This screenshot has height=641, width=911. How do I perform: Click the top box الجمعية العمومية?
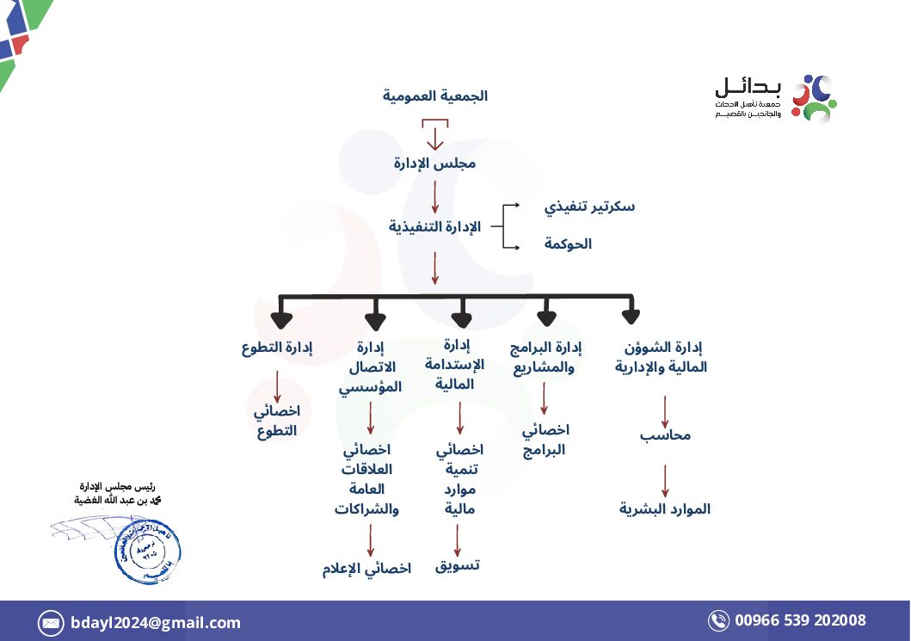pyautogui.click(x=434, y=96)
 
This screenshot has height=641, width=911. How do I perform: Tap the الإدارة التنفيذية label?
pyautogui.click(x=434, y=226)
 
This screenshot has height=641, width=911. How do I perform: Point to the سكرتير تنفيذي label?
pyautogui.click(x=589, y=206)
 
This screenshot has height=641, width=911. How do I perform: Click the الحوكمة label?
pyautogui.click(x=568, y=244)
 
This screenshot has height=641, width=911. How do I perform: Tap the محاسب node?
pyautogui.click(x=665, y=435)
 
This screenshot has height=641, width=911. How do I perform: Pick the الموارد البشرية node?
pyautogui.click(x=665, y=508)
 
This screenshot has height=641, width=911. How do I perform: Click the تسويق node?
pyautogui.click(x=457, y=564)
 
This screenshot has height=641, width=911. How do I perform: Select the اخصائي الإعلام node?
pyautogui.click(x=366, y=569)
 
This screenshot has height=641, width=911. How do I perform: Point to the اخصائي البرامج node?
pyautogui.click(x=545, y=440)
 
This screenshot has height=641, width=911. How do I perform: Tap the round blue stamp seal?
pyautogui.click(x=146, y=550)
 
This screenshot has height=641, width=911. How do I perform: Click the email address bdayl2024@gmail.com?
pyautogui.click(x=156, y=623)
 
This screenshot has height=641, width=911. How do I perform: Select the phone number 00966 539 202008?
pyautogui.click(x=800, y=620)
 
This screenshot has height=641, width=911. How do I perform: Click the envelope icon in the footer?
pyautogui.click(x=51, y=623)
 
